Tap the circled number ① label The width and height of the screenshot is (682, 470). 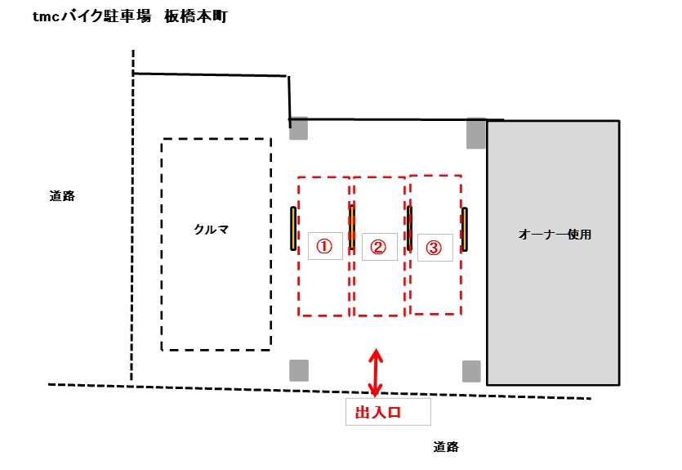[324, 246]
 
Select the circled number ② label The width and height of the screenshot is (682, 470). [378, 247]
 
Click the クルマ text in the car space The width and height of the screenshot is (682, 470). [212, 230]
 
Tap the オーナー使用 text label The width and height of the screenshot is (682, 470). [554, 235]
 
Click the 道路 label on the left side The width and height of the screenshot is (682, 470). [62, 196]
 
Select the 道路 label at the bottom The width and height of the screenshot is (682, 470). [446, 447]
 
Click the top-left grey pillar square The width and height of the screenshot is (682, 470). [299, 128]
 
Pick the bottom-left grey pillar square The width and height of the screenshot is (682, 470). [299, 370]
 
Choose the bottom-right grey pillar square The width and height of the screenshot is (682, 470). [471, 371]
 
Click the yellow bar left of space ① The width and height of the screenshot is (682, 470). [293, 229]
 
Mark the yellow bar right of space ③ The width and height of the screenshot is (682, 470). [465, 230]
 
